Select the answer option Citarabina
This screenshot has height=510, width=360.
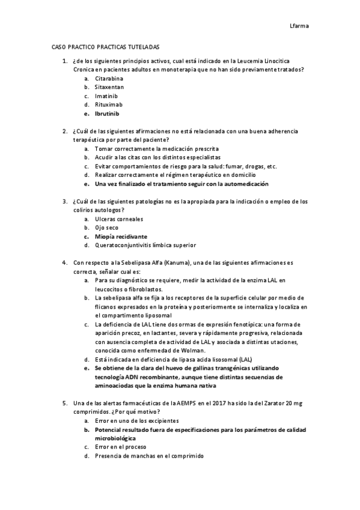[109, 79]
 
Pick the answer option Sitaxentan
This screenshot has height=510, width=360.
[109, 87]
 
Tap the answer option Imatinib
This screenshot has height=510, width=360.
[106, 96]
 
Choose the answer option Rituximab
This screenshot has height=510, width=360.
[109, 105]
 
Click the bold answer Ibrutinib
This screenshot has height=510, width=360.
[108, 113]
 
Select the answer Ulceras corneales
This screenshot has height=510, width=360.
[118, 219]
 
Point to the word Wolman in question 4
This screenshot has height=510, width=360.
[192, 351]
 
